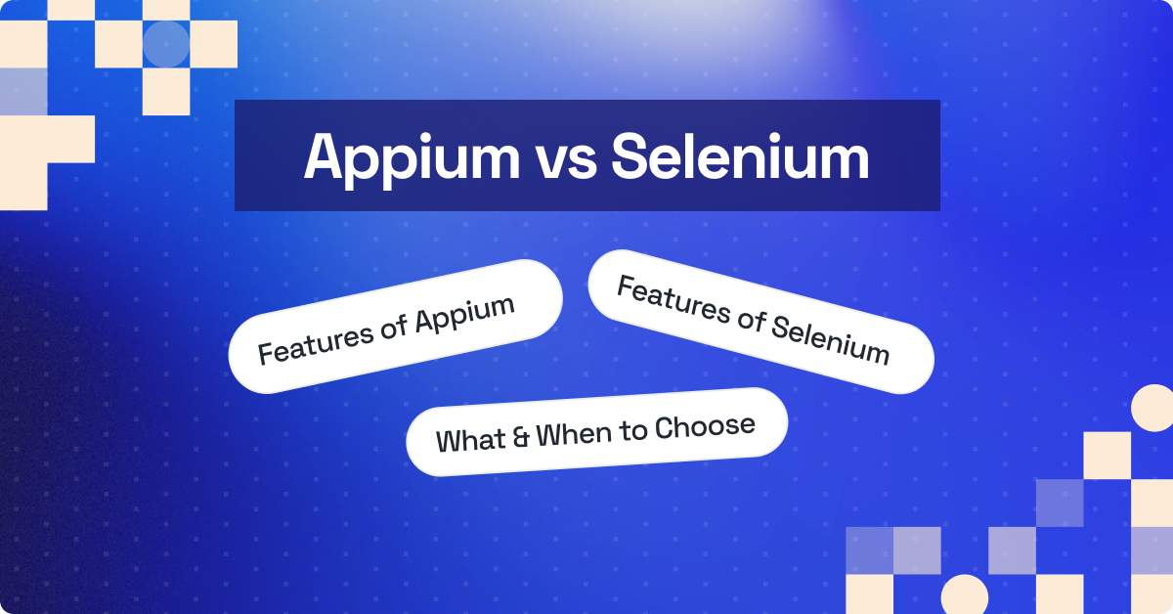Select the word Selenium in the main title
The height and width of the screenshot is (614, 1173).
(740, 157)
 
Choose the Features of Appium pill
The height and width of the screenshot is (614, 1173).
(395, 327)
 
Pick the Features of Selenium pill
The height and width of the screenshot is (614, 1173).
(760, 321)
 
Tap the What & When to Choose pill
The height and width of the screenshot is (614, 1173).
(595, 431)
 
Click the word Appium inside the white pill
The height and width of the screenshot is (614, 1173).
(465, 311)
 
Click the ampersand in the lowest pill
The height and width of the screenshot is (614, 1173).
(522, 437)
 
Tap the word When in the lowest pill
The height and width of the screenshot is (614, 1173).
(576, 433)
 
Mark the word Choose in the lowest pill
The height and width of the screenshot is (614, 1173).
(705, 426)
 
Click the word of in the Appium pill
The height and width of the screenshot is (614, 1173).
(391, 327)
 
